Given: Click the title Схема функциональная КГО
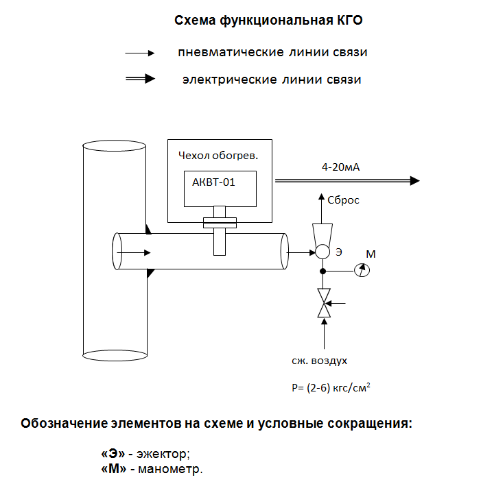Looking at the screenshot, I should (268, 21).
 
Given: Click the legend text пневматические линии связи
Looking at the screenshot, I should (272, 53).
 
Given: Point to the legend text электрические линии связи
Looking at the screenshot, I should (272, 80).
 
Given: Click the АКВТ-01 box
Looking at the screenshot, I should (220, 189).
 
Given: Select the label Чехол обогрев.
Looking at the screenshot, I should (218, 156).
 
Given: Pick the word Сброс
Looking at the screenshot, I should (344, 200).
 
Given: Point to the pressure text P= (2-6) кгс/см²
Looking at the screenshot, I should (331, 387).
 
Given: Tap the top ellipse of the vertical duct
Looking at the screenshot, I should (114, 147).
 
